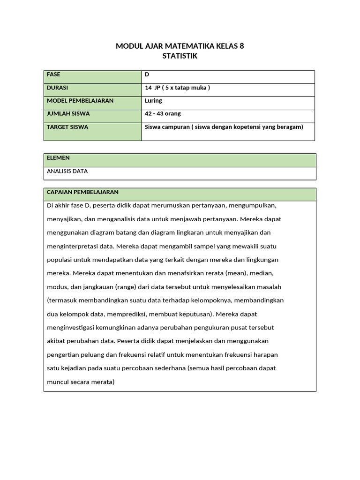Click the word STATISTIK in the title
180,56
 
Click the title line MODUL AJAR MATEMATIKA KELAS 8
180,46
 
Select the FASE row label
54,75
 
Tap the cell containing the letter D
147,75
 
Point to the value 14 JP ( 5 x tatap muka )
177,88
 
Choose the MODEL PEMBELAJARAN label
80,101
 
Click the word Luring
153,101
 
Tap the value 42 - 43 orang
163,114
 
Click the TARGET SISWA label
67,127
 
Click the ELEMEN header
59,158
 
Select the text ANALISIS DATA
67,171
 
